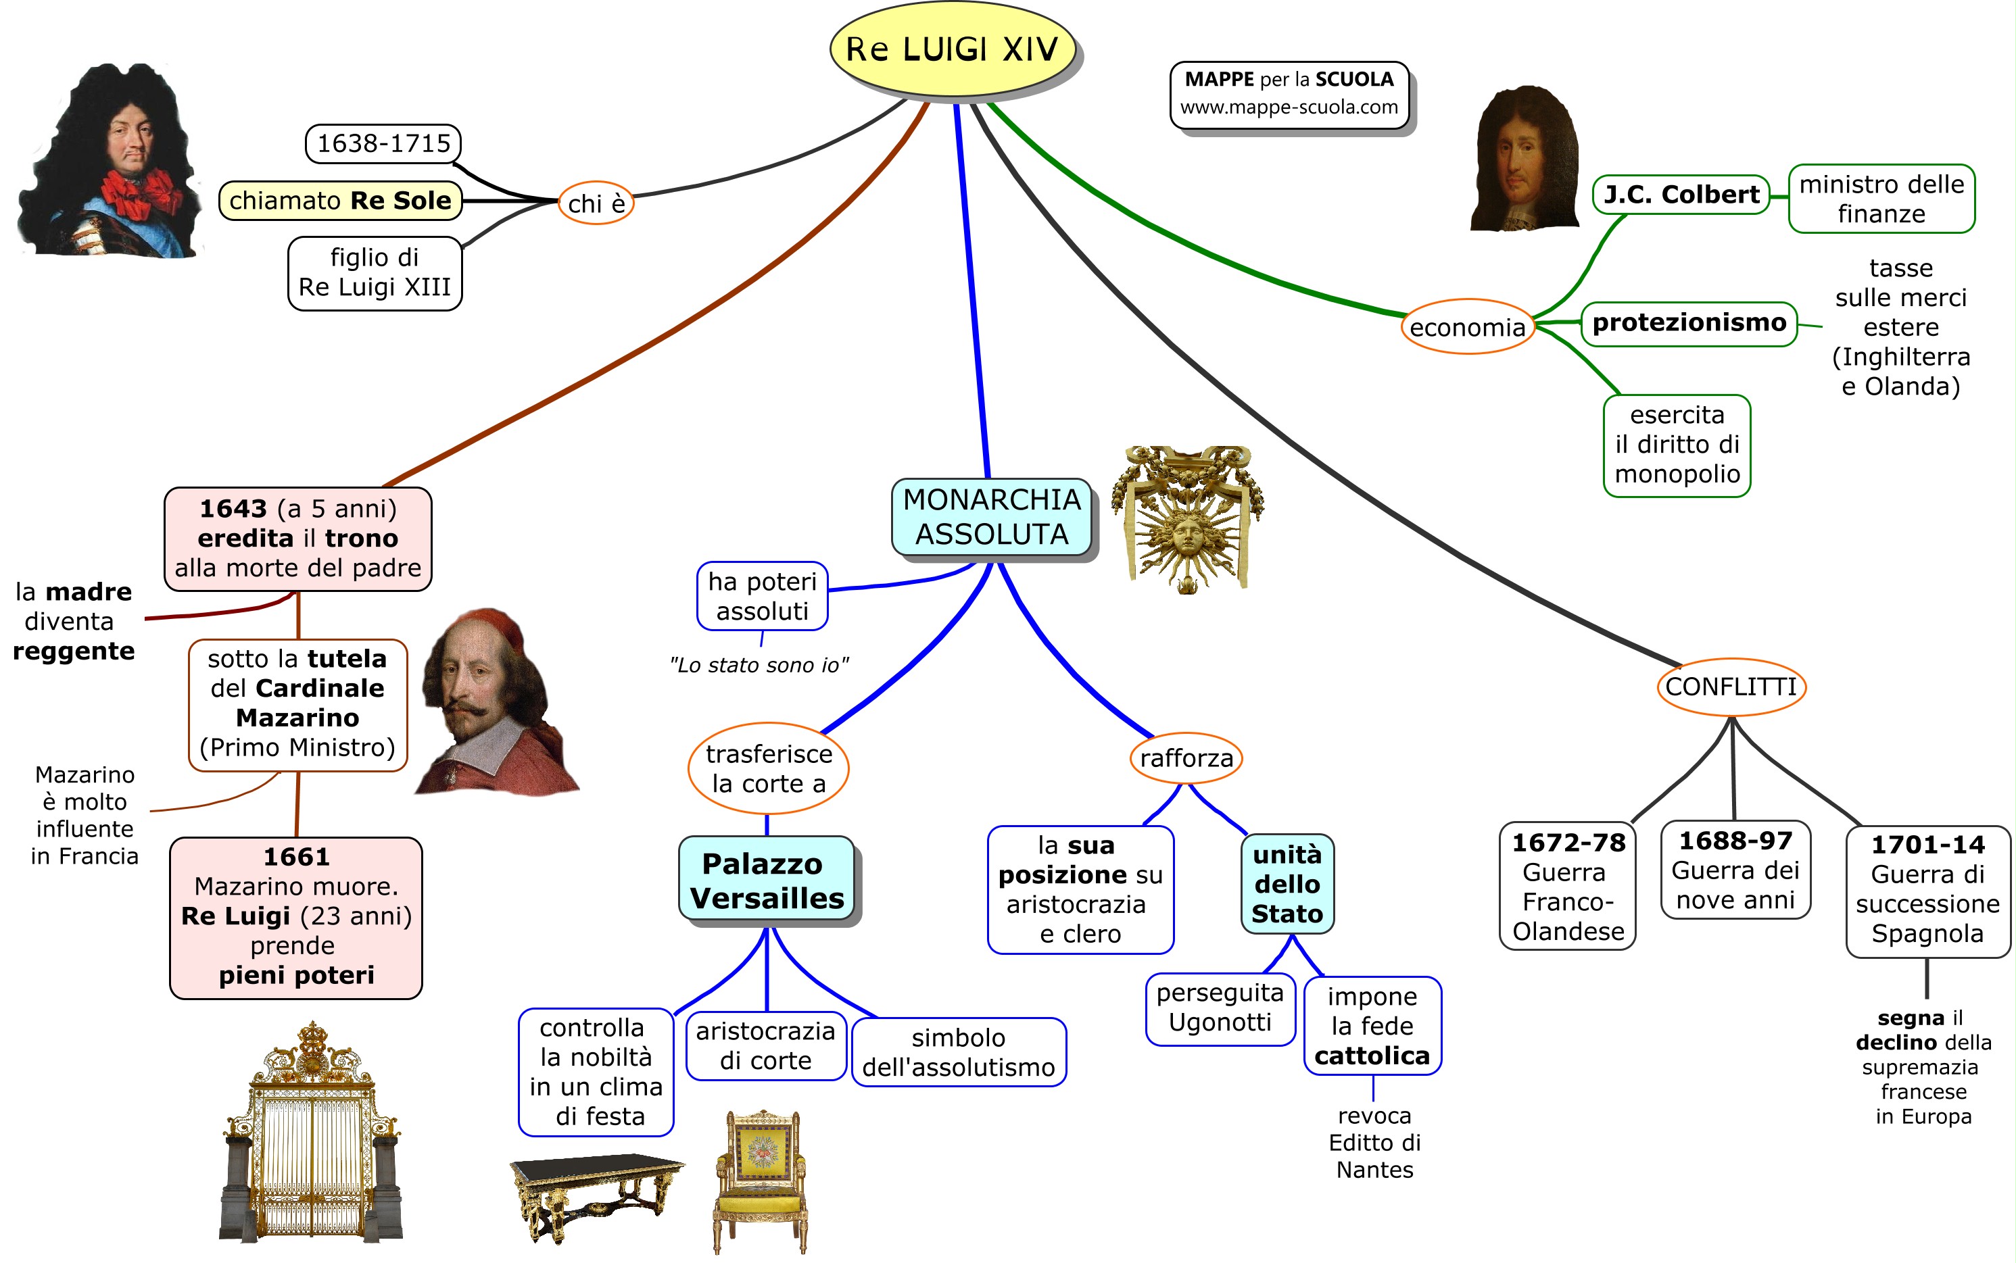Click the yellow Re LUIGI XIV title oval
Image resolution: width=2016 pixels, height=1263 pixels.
(x=952, y=49)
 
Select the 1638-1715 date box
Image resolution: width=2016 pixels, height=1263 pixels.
(x=383, y=144)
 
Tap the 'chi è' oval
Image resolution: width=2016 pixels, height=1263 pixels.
(x=596, y=203)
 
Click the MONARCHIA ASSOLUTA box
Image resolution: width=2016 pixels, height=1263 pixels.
(x=992, y=517)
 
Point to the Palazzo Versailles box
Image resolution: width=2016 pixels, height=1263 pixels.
(x=767, y=881)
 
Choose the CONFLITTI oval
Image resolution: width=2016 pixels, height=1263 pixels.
(x=1730, y=687)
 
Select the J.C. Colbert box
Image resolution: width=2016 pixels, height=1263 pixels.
(x=1680, y=195)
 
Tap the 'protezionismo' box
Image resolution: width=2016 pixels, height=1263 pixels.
(x=1689, y=323)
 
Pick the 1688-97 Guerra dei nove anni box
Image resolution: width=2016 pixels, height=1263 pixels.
(x=1735, y=870)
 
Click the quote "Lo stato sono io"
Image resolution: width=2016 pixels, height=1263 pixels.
(x=759, y=665)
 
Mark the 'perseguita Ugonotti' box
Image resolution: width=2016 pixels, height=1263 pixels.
(x=1220, y=1008)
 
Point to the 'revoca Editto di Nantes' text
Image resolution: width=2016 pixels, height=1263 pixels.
(x=1374, y=1142)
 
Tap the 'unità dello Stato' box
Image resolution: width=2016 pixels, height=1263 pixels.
(x=1287, y=884)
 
